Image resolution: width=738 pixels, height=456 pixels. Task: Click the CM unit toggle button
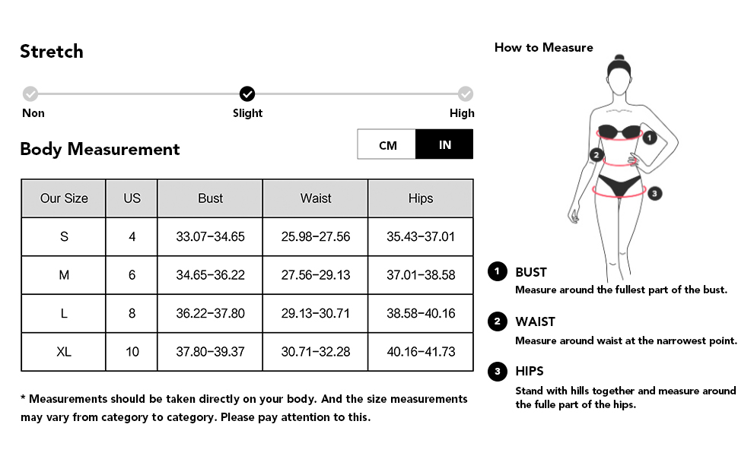[x=387, y=144]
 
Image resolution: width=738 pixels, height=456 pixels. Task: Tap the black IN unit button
[x=444, y=144]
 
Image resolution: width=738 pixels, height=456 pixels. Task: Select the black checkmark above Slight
[x=247, y=94]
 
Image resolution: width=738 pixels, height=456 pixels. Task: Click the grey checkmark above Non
[x=30, y=94]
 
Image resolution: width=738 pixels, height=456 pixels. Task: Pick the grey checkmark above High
[x=465, y=94]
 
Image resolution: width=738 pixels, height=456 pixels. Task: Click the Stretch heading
[x=52, y=52]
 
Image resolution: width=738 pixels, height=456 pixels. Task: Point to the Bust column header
[x=210, y=198]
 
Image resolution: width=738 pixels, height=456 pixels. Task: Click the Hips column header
[x=420, y=198]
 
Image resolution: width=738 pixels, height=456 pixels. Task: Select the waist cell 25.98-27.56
[x=316, y=236]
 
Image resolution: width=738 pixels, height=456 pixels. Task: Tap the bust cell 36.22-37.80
[x=210, y=313]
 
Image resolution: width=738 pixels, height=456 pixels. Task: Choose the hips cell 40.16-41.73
[x=420, y=352]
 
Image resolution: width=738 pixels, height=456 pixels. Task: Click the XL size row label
[x=64, y=352]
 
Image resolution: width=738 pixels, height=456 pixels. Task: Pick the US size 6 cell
[x=132, y=275]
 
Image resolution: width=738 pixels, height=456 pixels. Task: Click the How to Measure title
[x=543, y=47]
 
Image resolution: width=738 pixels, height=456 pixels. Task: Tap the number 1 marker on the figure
[x=649, y=138]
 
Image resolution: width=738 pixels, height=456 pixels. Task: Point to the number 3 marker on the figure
[x=654, y=193]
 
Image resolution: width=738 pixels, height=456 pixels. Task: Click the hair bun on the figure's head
[x=620, y=59]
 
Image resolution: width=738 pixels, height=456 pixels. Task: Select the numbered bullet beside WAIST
[x=497, y=321]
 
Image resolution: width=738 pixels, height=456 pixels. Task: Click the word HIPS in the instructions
[x=530, y=371]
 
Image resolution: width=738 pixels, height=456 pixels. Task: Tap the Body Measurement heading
[x=100, y=149]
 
